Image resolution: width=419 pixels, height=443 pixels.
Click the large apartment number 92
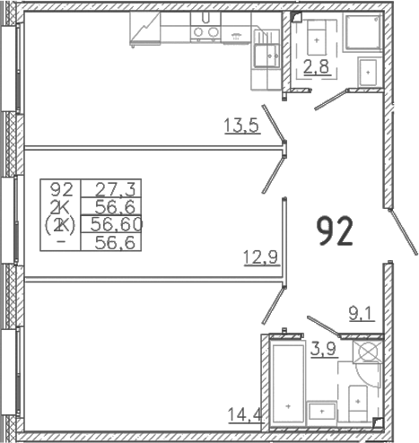(335, 231)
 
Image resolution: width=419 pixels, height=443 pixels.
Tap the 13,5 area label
(241, 126)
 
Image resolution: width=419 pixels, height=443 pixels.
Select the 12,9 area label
(261, 257)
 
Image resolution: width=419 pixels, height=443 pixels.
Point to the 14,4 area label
(245, 414)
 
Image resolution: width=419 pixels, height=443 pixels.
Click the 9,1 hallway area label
(362, 314)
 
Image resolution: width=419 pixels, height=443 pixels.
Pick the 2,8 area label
(317, 66)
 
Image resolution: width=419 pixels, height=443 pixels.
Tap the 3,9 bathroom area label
(324, 349)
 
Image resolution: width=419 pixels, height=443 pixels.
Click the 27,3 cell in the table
(116, 189)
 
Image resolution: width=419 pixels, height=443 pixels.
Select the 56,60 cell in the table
(116, 224)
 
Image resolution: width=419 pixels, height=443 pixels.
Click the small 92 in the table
(62, 189)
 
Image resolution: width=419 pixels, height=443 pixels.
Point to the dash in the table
(62, 241)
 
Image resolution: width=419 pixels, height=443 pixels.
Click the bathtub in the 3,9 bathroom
(286, 384)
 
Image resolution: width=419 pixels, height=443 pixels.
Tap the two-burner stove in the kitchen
(205, 32)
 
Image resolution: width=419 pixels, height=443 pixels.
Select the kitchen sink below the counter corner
(266, 56)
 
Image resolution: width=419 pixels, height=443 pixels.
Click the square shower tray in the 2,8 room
(364, 31)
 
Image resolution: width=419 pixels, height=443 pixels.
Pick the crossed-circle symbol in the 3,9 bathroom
(368, 352)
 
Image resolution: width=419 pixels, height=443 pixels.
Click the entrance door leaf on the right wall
(403, 232)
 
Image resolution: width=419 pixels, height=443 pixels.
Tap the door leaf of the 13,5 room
(274, 123)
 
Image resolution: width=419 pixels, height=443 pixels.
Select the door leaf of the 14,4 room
(274, 305)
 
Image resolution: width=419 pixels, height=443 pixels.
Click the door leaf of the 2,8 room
(331, 100)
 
